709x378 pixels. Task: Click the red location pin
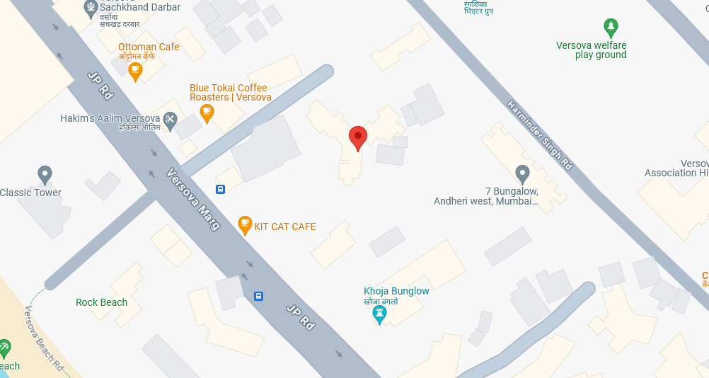(358, 137)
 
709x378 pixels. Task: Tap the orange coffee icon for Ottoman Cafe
(135, 71)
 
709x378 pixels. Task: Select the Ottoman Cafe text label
(149, 47)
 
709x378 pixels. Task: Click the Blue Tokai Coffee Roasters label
(230, 93)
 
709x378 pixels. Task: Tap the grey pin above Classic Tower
(45, 174)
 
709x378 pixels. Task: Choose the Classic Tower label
(30, 193)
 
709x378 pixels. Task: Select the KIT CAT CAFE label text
(284, 227)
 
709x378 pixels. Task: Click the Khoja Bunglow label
(396, 291)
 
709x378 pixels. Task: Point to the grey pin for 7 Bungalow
(522, 173)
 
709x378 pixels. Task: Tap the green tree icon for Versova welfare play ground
(611, 28)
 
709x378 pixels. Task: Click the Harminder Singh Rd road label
(539, 134)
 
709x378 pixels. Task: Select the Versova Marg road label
(194, 199)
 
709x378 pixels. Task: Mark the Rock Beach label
(101, 302)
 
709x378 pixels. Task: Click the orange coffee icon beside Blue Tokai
(207, 113)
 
